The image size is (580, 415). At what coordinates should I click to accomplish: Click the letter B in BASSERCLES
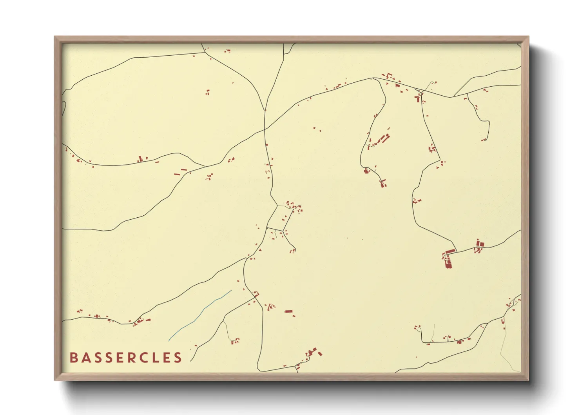(73, 358)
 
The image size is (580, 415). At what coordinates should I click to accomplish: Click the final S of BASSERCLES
(178, 358)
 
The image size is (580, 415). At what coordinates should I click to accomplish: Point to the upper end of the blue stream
(232, 290)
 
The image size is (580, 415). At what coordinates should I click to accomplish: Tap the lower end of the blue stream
(169, 341)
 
